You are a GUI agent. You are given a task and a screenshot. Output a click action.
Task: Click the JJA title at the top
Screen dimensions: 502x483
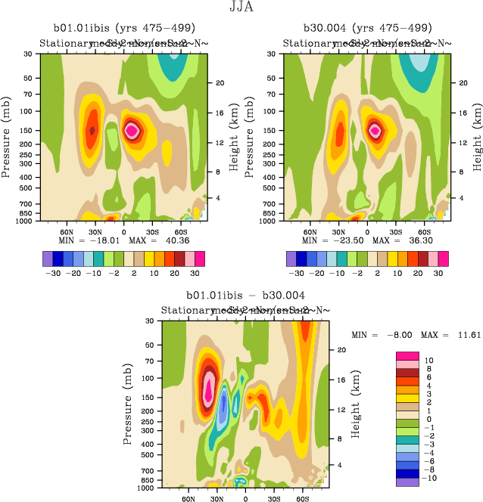click(x=241, y=8)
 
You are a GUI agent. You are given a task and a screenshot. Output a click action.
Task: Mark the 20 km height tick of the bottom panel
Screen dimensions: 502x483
click(x=341, y=350)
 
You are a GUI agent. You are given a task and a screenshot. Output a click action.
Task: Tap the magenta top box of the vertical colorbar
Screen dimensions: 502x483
click(x=409, y=355)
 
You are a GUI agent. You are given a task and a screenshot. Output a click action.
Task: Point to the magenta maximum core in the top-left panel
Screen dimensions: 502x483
click(x=132, y=130)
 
